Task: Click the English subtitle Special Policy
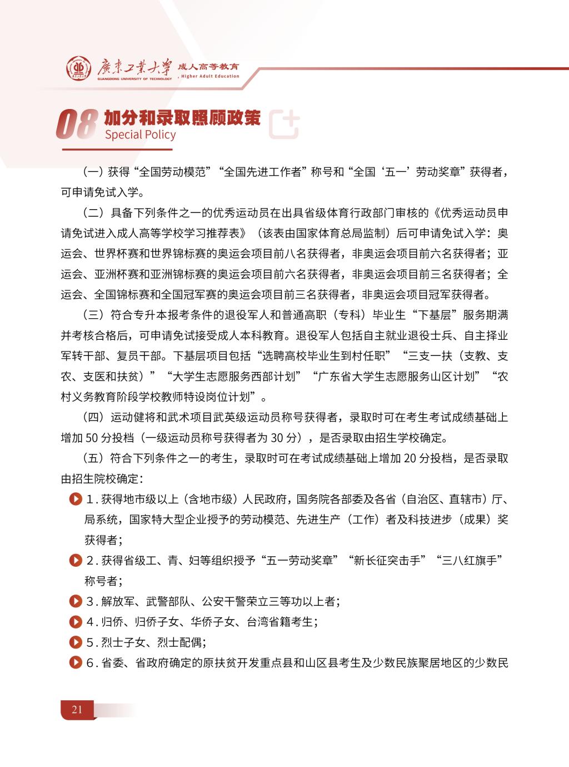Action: point(140,135)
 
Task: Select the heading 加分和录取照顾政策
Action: point(182,117)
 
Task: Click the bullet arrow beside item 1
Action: point(74,499)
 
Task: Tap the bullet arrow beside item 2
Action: point(74,561)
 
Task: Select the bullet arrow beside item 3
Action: point(74,601)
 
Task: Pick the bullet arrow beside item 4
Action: point(74,622)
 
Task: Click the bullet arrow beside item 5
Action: point(74,642)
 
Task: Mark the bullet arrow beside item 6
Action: point(74,663)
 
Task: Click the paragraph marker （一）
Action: point(93,172)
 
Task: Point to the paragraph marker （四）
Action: point(93,417)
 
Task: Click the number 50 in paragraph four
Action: point(92,438)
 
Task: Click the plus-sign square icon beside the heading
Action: point(284,123)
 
